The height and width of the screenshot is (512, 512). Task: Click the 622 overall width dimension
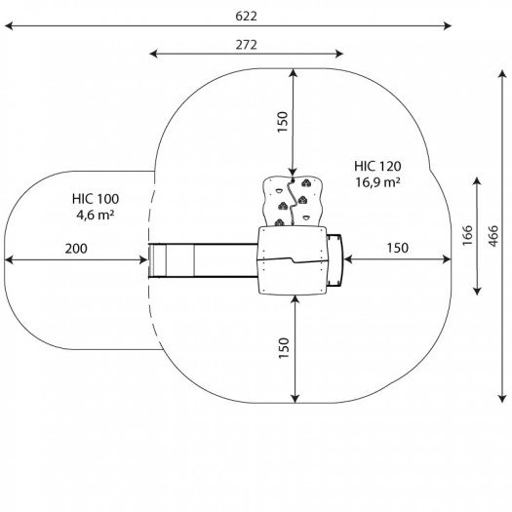(x=246, y=17)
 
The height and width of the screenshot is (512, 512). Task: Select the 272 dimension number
(x=246, y=45)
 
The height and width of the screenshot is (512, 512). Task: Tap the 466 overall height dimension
(x=493, y=236)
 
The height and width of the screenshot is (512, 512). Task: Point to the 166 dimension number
(x=467, y=235)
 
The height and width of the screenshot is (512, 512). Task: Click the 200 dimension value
(x=76, y=249)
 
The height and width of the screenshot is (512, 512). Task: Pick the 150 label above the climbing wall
(x=283, y=122)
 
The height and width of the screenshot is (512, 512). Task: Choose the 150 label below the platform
(x=284, y=348)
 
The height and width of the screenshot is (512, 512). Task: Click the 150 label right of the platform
(x=397, y=248)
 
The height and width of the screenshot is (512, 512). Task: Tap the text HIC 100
(x=96, y=199)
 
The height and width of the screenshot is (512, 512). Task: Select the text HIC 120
(x=377, y=166)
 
